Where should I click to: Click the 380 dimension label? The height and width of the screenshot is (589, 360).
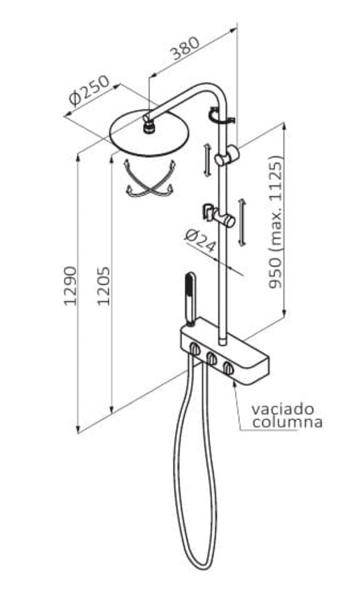click(185, 48)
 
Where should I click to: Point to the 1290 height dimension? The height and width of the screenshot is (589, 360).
click(71, 285)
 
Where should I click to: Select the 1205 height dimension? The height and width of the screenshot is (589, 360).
click(104, 285)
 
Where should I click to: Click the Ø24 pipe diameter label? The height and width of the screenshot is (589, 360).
click(201, 241)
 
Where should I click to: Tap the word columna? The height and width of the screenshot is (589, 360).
click(287, 422)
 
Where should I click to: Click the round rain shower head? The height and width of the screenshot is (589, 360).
click(149, 133)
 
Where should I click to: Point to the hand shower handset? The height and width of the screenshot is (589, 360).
click(190, 298)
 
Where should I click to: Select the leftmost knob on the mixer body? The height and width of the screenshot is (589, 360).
click(195, 349)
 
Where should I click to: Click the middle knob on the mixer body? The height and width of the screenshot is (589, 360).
click(212, 359)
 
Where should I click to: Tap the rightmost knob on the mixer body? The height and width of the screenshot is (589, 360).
click(228, 368)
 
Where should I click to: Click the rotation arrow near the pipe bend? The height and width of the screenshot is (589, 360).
click(221, 115)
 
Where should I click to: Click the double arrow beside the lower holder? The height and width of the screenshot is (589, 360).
click(242, 223)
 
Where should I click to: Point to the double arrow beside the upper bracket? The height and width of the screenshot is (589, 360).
click(207, 160)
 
